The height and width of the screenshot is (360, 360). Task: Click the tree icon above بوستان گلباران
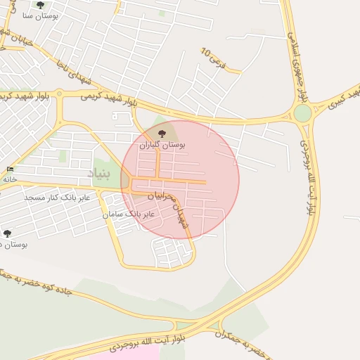coord(162,132)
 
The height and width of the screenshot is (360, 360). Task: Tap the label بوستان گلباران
coord(162,145)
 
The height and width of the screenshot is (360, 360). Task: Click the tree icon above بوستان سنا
coord(40,5)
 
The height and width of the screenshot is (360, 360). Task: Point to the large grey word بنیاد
coord(98,172)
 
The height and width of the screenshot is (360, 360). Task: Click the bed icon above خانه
coord(9,169)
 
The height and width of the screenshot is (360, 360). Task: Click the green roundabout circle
coord(302,113)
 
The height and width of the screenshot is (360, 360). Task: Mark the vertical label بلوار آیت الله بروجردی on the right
coord(309,167)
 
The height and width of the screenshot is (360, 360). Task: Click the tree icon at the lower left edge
coord(7,233)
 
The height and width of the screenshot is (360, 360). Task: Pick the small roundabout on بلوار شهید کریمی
coord(59,93)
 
